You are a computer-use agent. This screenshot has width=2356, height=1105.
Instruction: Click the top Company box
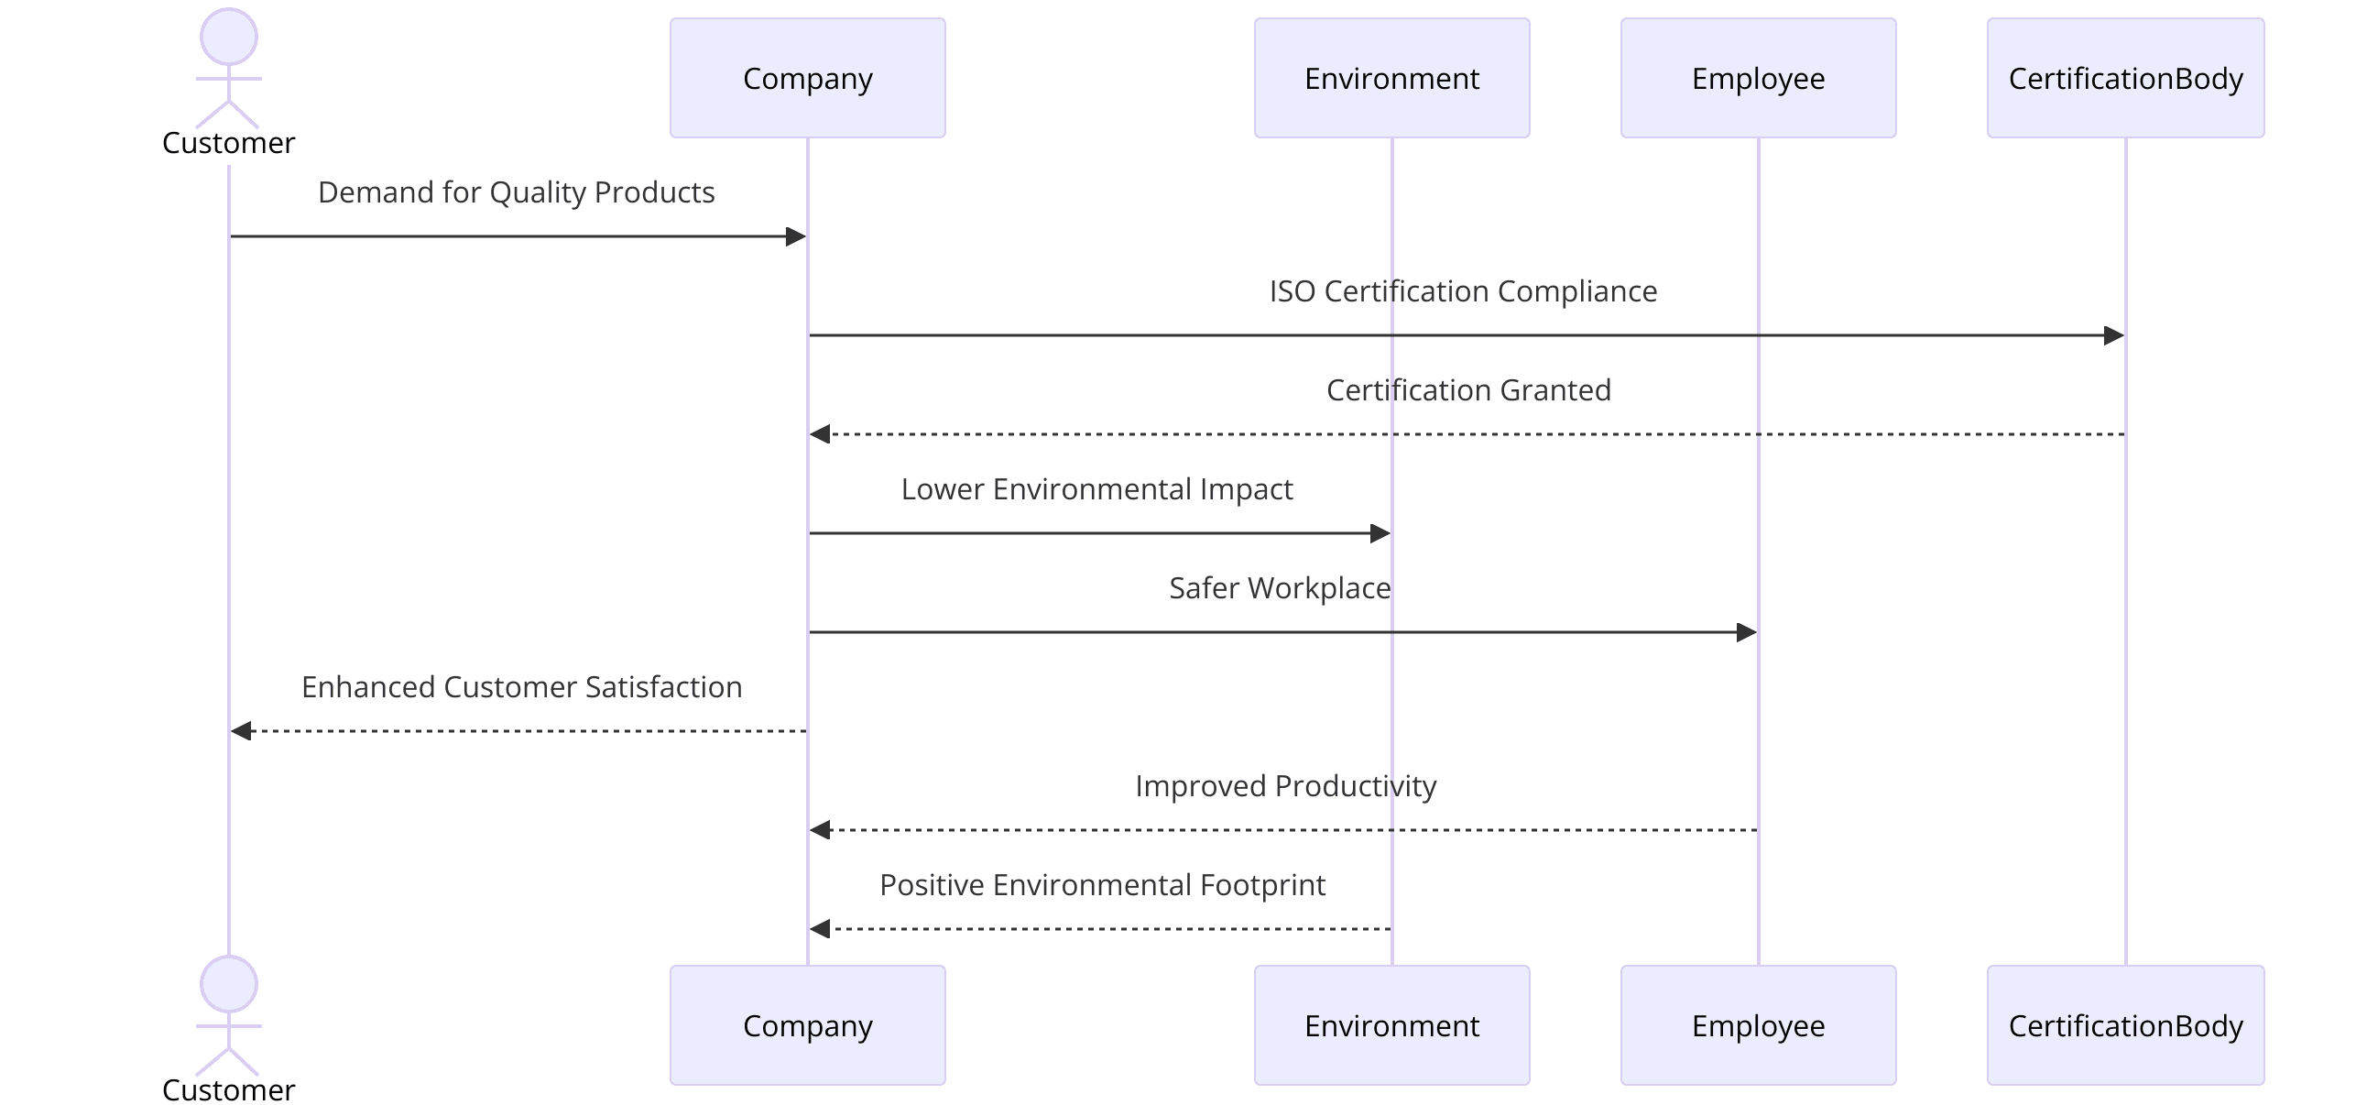pyautogui.click(x=807, y=78)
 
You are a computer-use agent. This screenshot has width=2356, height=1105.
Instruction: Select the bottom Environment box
pyautogui.click(x=1391, y=1025)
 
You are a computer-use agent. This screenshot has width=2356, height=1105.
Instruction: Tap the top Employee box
pyautogui.click(x=1758, y=78)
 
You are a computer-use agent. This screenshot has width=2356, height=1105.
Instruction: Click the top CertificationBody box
pyautogui.click(x=2125, y=78)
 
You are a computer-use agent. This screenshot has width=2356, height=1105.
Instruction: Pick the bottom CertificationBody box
pyautogui.click(x=2125, y=1025)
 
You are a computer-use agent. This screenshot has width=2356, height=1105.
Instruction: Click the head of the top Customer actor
pyautogui.click(x=229, y=37)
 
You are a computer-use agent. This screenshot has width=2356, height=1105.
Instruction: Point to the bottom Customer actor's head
pyautogui.click(x=229, y=984)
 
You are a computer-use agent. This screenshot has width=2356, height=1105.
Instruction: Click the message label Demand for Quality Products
pyautogui.click(x=516, y=192)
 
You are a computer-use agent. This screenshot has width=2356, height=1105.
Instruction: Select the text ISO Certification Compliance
pyautogui.click(x=1463, y=291)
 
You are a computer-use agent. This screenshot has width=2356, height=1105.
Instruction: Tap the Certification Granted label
pyautogui.click(x=1468, y=390)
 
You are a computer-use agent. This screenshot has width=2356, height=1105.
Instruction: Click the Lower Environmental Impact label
pyautogui.click(x=1096, y=489)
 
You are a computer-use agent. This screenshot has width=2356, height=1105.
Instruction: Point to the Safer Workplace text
pyautogui.click(x=1280, y=588)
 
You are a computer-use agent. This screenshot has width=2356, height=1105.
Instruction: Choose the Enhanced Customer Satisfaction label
pyautogui.click(x=521, y=687)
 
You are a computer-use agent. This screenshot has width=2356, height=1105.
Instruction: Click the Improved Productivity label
pyautogui.click(x=1285, y=786)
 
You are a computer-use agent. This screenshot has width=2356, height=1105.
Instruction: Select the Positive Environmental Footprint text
pyautogui.click(x=1102, y=885)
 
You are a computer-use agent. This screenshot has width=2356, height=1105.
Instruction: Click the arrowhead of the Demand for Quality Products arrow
pyautogui.click(x=795, y=236)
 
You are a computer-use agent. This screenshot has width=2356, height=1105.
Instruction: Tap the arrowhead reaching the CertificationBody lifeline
pyautogui.click(x=2113, y=335)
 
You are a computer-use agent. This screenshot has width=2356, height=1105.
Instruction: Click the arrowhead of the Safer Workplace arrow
pyautogui.click(x=1746, y=632)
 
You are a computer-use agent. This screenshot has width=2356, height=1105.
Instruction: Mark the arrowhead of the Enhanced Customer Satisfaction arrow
pyautogui.click(x=242, y=731)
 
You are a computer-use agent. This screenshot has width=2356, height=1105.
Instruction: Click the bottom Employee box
pyautogui.click(x=1758, y=1025)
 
